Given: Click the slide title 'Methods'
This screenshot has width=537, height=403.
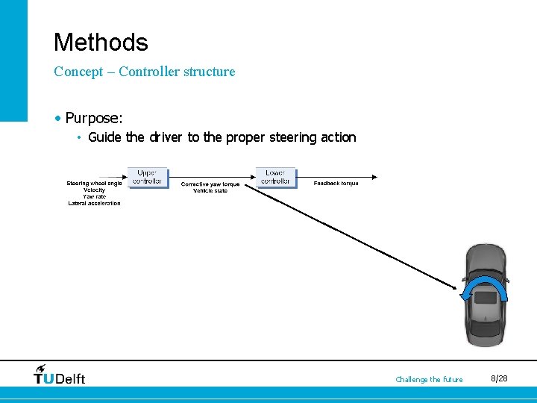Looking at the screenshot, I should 101,42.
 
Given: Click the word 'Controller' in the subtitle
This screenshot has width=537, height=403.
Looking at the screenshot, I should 152,72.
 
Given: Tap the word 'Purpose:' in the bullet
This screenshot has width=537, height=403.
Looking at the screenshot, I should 94,118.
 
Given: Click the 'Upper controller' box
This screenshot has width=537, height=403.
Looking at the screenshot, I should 147,177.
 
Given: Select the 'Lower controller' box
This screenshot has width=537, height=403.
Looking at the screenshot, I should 275,177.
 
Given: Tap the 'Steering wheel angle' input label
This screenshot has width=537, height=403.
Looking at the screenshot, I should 94,184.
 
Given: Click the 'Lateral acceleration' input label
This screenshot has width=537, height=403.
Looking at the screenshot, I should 94,203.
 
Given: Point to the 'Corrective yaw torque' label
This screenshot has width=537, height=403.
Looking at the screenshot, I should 210,184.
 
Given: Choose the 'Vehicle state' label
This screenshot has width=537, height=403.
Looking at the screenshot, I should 210,191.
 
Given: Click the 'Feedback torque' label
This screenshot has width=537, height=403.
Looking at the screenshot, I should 336,184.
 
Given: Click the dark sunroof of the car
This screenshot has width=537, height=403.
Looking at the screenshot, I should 485,297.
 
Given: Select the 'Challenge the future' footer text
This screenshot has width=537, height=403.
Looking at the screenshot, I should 429,380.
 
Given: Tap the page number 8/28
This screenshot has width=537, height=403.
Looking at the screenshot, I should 499,379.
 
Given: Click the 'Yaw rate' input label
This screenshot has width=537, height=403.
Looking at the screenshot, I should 94,196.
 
